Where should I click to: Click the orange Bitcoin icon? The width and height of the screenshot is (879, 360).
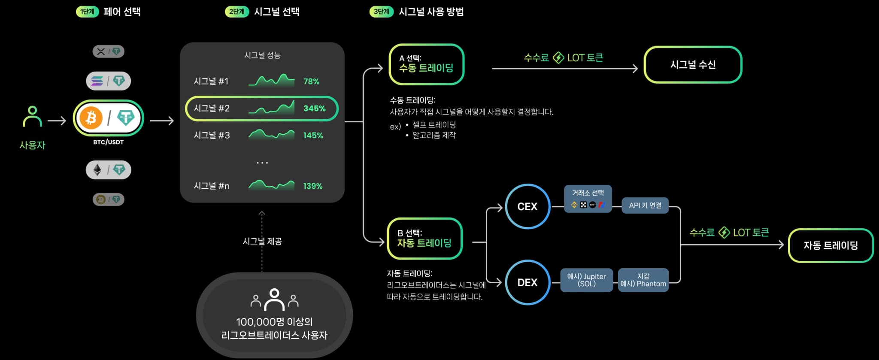pos(91,118)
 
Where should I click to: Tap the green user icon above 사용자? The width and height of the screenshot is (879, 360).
pos(32,116)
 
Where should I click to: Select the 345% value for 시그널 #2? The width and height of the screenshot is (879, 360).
pos(314,109)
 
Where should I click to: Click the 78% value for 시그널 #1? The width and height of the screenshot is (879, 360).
pos(311,82)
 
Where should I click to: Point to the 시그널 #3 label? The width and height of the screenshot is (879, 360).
pos(212,136)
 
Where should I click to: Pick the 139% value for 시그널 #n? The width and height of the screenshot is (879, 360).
pos(312,186)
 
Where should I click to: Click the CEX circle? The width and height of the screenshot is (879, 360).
pos(527,206)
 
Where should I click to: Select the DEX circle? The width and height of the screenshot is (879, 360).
pos(527,282)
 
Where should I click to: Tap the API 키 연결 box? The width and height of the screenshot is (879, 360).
pos(645,206)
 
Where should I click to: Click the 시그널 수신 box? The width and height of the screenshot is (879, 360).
pos(693,65)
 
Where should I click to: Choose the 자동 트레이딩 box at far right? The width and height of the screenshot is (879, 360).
pos(831,245)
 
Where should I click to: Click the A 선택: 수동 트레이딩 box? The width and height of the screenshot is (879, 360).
pos(426,64)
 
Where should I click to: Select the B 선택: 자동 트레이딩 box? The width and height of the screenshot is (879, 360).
pos(424,239)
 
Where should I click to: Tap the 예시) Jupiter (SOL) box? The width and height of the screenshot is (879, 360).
pos(586,280)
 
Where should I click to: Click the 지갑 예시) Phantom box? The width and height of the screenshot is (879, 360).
pos(643,280)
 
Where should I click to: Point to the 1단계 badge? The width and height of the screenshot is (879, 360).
pos(87,12)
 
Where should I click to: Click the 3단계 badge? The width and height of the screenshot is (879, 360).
pos(381,12)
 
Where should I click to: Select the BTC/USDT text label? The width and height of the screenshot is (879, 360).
pos(108,142)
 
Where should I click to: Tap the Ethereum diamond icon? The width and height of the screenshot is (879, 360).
pos(98,170)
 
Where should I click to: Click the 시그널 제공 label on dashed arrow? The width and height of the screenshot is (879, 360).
pos(262,242)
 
